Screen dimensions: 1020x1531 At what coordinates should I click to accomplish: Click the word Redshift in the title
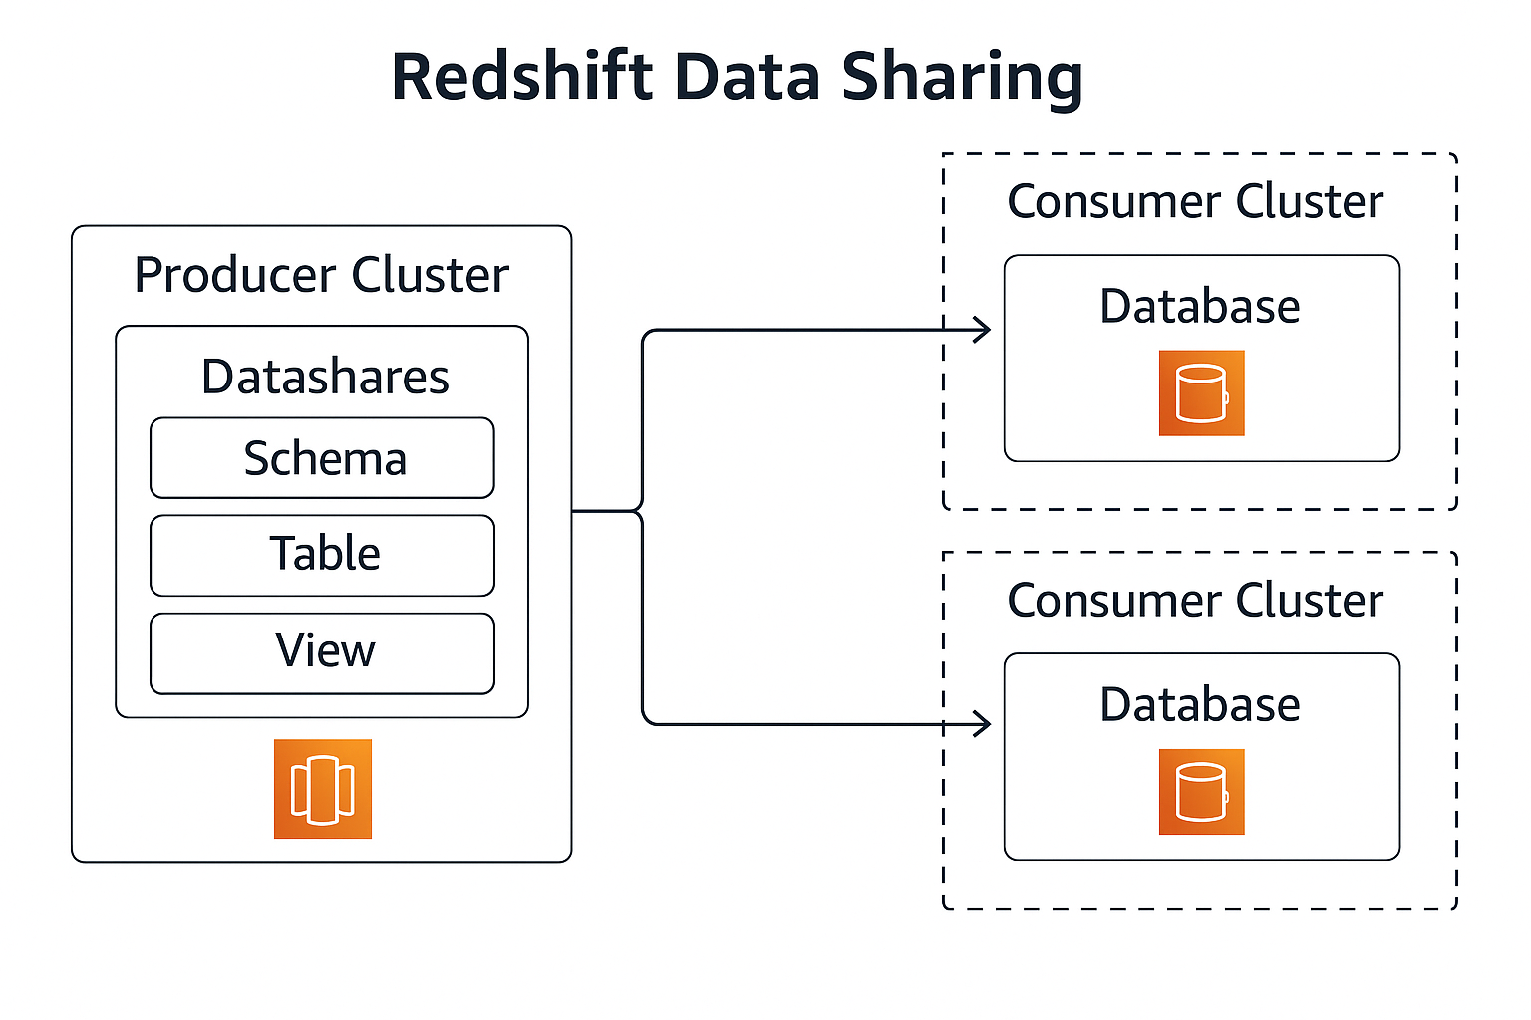[x=521, y=77]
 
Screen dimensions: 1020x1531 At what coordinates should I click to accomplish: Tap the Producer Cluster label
[x=321, y=275]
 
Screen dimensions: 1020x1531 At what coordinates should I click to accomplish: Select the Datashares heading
[x=325, y=377]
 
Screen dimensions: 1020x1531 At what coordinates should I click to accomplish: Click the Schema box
[x=322, y=458]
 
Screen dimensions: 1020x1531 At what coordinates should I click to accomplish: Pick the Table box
[x=322, y=555]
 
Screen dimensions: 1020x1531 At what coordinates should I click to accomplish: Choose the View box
[x=322, y=652]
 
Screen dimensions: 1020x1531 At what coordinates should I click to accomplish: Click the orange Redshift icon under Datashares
[x=322, y=788]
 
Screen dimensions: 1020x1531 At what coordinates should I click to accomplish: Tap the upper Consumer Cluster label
[x=1194, y=201]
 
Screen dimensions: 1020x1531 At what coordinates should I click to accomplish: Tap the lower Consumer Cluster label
[x=1194, y=600]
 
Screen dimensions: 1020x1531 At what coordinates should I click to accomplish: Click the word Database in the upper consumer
[x=1199, y=306]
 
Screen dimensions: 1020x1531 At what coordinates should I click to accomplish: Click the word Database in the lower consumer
[x=1199, y=704]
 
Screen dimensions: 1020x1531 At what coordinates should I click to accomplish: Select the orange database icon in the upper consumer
[x=1201, y=392]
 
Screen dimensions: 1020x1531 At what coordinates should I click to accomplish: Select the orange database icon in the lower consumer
[x=1201, y=791]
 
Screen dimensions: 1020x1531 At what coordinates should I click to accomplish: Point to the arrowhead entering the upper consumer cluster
[x=984, y=330]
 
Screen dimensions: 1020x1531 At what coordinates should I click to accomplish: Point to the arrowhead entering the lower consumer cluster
[x=984, y=724]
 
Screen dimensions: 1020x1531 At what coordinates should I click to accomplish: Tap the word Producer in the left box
[x=234, y=275]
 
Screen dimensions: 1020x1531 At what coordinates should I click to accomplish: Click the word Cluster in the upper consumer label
[x=1309, y=201]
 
